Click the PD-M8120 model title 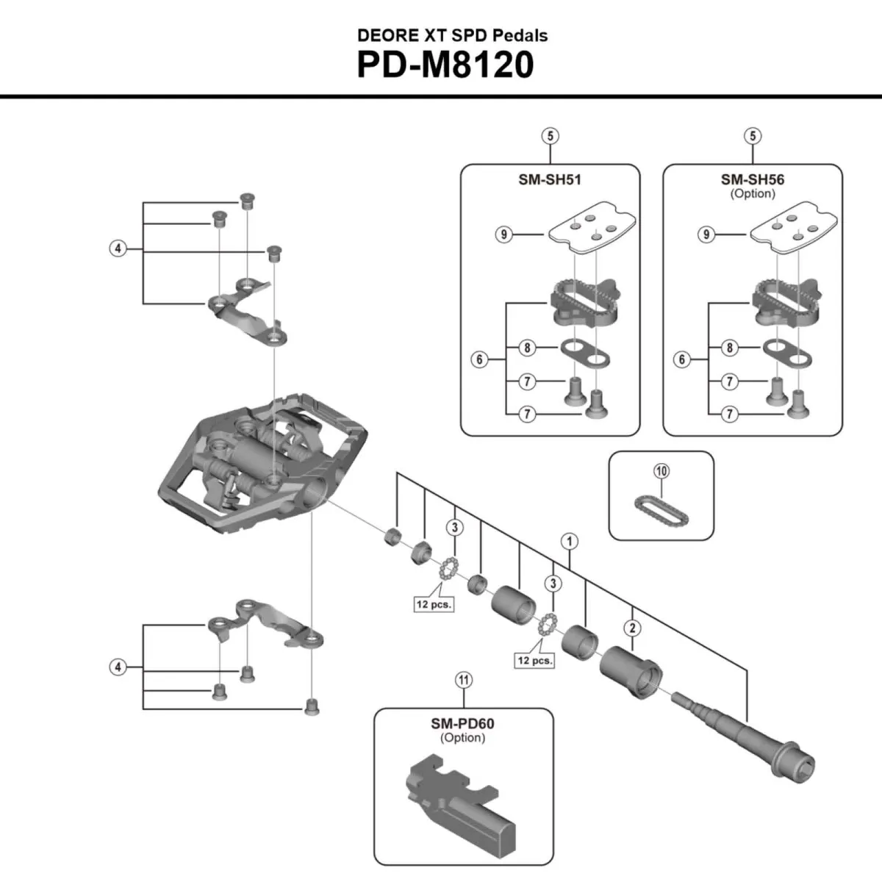pyautogui.click(x=445, y=65)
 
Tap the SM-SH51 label pyautogui.click(x=550, y=179)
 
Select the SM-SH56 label pyautogui.click(x=753, y=179)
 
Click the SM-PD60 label pyautogui.click(x=462, y=723)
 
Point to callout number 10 pyautogui.click(x=661, y=471)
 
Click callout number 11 pyautogui.click(x=463, y=681)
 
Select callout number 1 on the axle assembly pyautogui.click(x=569, y=542)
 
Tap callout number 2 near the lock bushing pyautogui.click(x=633, y=628)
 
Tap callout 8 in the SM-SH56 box pyautogui.click(x=730, y=348)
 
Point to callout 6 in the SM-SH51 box pyautogui.click(x=480, y=359)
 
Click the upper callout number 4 pyautogui.click(x=118, y=248)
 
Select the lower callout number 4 pyautogui.click(x=118, y=667)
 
